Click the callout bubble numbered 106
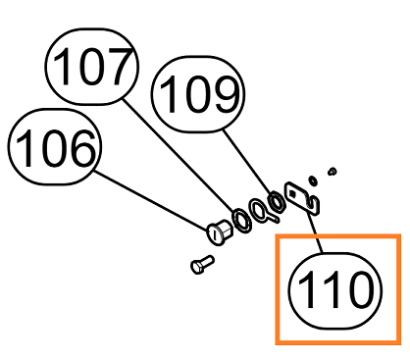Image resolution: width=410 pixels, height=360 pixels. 55,147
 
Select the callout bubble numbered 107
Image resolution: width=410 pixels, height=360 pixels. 92,67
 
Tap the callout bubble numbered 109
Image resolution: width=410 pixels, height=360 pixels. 198,94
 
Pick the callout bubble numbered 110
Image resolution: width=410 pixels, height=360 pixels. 335,290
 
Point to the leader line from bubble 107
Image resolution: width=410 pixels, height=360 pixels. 179,156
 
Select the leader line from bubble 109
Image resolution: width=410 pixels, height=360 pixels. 248,164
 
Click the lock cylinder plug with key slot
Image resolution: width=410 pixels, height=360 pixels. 220,231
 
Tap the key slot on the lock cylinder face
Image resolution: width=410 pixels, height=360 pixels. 215,234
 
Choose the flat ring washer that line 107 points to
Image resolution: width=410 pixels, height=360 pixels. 242,221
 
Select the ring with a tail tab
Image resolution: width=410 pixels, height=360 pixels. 263,212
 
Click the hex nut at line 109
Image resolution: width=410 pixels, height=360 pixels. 277,202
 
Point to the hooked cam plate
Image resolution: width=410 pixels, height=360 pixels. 302,199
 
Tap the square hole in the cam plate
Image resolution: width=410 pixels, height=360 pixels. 292,194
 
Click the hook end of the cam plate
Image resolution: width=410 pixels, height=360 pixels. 314,205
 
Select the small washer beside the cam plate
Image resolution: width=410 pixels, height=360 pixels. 313,180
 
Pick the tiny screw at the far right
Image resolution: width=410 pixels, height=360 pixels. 333,171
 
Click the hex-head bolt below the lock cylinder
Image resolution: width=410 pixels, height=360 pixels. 202,265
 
